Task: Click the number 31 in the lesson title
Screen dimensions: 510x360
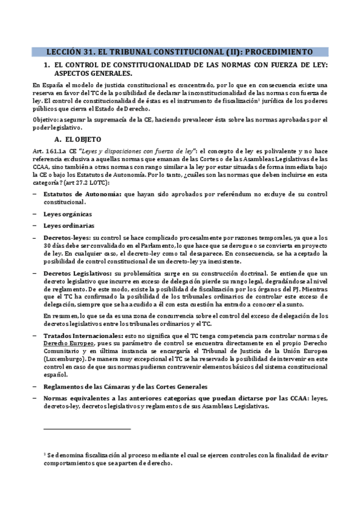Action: (85, 52)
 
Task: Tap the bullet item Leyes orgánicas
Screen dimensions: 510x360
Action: (67, 214)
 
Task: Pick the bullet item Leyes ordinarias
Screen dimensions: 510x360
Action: (68, 226)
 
